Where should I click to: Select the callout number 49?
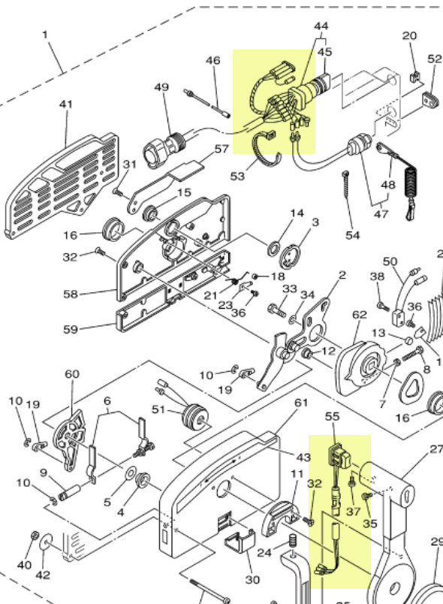(x=161, y=88)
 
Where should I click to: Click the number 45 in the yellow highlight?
(x=324, y=52)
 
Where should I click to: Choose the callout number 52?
(x=435, y=59)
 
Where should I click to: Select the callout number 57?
(x=221, y=149)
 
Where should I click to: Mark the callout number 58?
(x=71, y=294)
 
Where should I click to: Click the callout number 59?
(x=71, y=328)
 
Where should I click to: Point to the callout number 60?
(x=71, y=374)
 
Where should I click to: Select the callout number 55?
(x=333, y=415)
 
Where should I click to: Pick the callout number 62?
(x=360, y=315)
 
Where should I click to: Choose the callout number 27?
(x=436, y=450)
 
